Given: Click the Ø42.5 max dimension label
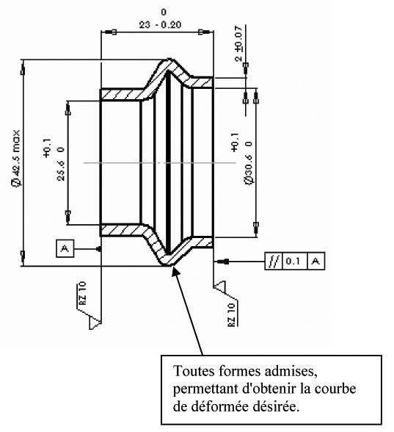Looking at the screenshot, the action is [x=15, y=159].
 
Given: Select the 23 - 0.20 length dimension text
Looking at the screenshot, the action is [x=160, y=25].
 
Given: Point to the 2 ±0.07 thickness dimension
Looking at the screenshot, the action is [x=238, y=43].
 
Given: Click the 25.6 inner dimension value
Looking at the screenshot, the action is [x=61, y=170].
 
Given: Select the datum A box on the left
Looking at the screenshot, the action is [x=65, y=248].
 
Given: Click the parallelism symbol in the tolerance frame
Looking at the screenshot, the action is [x=274, y=261].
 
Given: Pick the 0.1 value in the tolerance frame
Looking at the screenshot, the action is [x=293, y=261].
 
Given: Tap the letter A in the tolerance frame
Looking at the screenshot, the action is [x=315, y=261].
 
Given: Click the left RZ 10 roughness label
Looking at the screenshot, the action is [x=82, y=293].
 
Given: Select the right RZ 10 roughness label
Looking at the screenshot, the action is [x=232, y=314].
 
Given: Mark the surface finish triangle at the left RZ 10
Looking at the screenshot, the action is [x=95, y=323].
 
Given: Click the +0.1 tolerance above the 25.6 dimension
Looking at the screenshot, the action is [x=47, y=148].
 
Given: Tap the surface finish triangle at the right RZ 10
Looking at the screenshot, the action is [x=219, y=285].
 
